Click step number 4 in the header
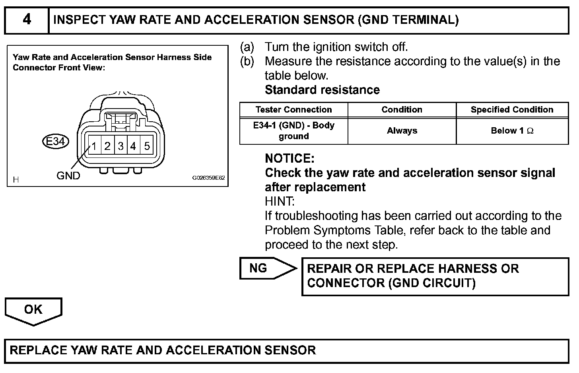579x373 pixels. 27,19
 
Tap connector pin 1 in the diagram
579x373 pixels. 94,146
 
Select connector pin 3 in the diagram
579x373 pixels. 120,146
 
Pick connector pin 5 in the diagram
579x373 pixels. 147,146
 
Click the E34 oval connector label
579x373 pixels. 56,141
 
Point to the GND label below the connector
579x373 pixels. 68,175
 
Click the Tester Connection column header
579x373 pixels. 293,110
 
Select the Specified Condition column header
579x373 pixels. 512,110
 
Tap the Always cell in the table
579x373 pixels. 402,131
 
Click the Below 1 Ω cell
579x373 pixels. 512,131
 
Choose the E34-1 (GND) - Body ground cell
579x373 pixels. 293,131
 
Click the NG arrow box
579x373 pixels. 262,268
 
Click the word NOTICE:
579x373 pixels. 289,159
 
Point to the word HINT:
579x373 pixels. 280,202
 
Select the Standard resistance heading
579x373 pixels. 322,90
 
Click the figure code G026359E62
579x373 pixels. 208,178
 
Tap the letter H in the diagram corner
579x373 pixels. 16,180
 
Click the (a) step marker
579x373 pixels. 247,47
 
